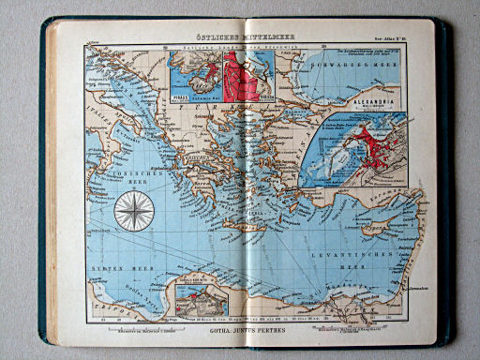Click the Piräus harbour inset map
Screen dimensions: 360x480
pos(193,75)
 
